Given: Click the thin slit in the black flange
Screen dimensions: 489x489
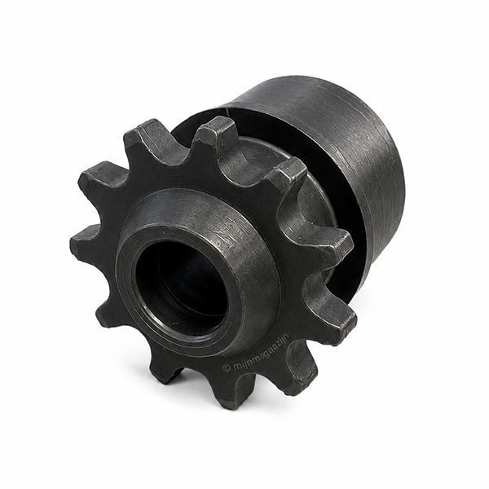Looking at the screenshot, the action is click(x=227, y=112).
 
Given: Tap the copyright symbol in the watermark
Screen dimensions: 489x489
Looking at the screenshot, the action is click(x=226, y=368).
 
